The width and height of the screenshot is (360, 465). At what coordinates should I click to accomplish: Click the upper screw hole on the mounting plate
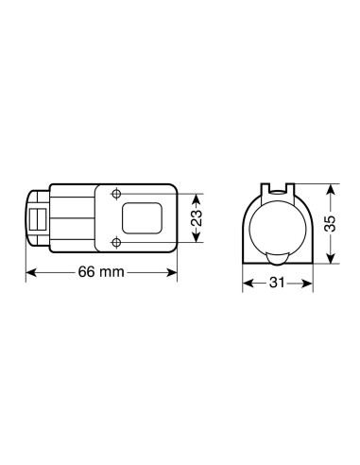[116, 195]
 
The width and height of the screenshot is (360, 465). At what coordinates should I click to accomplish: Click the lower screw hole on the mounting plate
[116, 242]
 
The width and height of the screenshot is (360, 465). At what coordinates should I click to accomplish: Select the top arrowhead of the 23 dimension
[195, 197]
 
